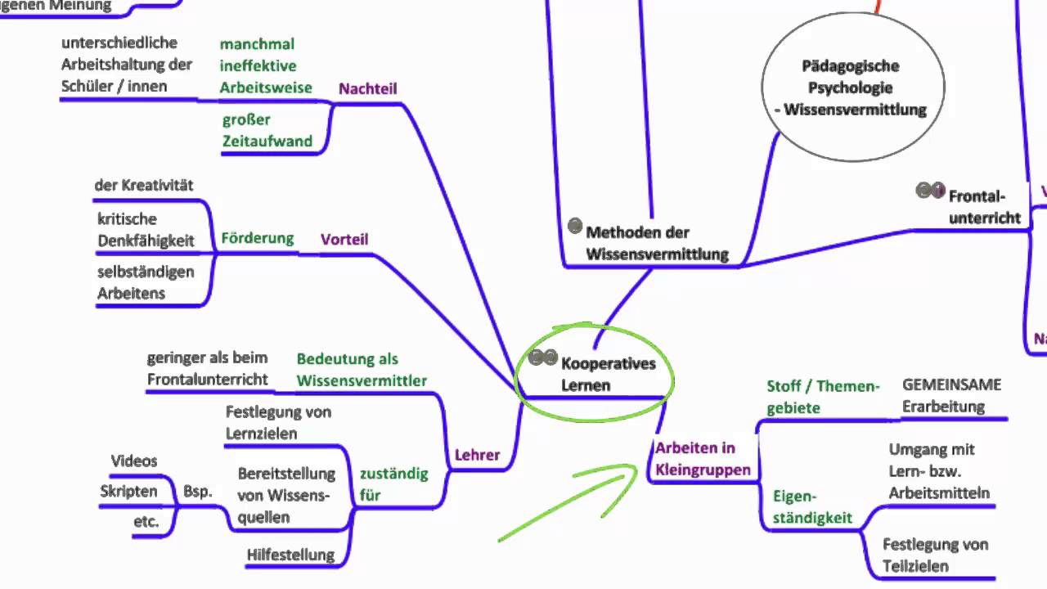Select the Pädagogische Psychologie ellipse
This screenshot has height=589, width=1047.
853,88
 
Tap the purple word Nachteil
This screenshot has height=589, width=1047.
368,88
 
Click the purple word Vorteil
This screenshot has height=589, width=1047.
344,240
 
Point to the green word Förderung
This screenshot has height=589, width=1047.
257,238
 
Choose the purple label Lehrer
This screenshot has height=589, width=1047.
477,455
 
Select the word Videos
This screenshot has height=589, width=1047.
133,461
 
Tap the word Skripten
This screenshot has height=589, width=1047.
128,491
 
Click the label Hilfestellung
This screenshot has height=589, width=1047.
290,555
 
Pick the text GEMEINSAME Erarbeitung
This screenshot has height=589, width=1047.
951,396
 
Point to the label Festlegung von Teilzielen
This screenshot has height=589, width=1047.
935,555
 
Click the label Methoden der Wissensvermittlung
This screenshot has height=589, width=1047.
657,243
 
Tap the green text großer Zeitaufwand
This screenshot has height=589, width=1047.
267,131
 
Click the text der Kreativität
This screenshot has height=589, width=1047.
144,185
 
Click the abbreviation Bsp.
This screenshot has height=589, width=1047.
197,491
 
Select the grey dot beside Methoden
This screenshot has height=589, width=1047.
574,226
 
